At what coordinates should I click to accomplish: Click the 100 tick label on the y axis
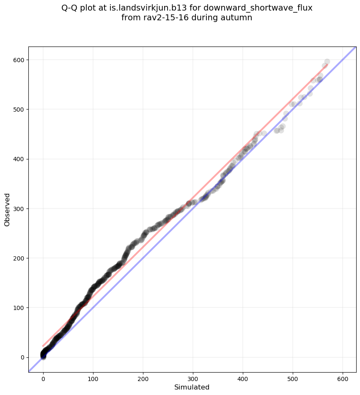point(20,308)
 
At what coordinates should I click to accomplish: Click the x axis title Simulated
point(192,387)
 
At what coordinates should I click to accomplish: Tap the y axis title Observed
point(7,209)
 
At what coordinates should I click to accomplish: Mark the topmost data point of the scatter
point(327,62)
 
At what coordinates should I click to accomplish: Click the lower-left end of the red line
point(43,346)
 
